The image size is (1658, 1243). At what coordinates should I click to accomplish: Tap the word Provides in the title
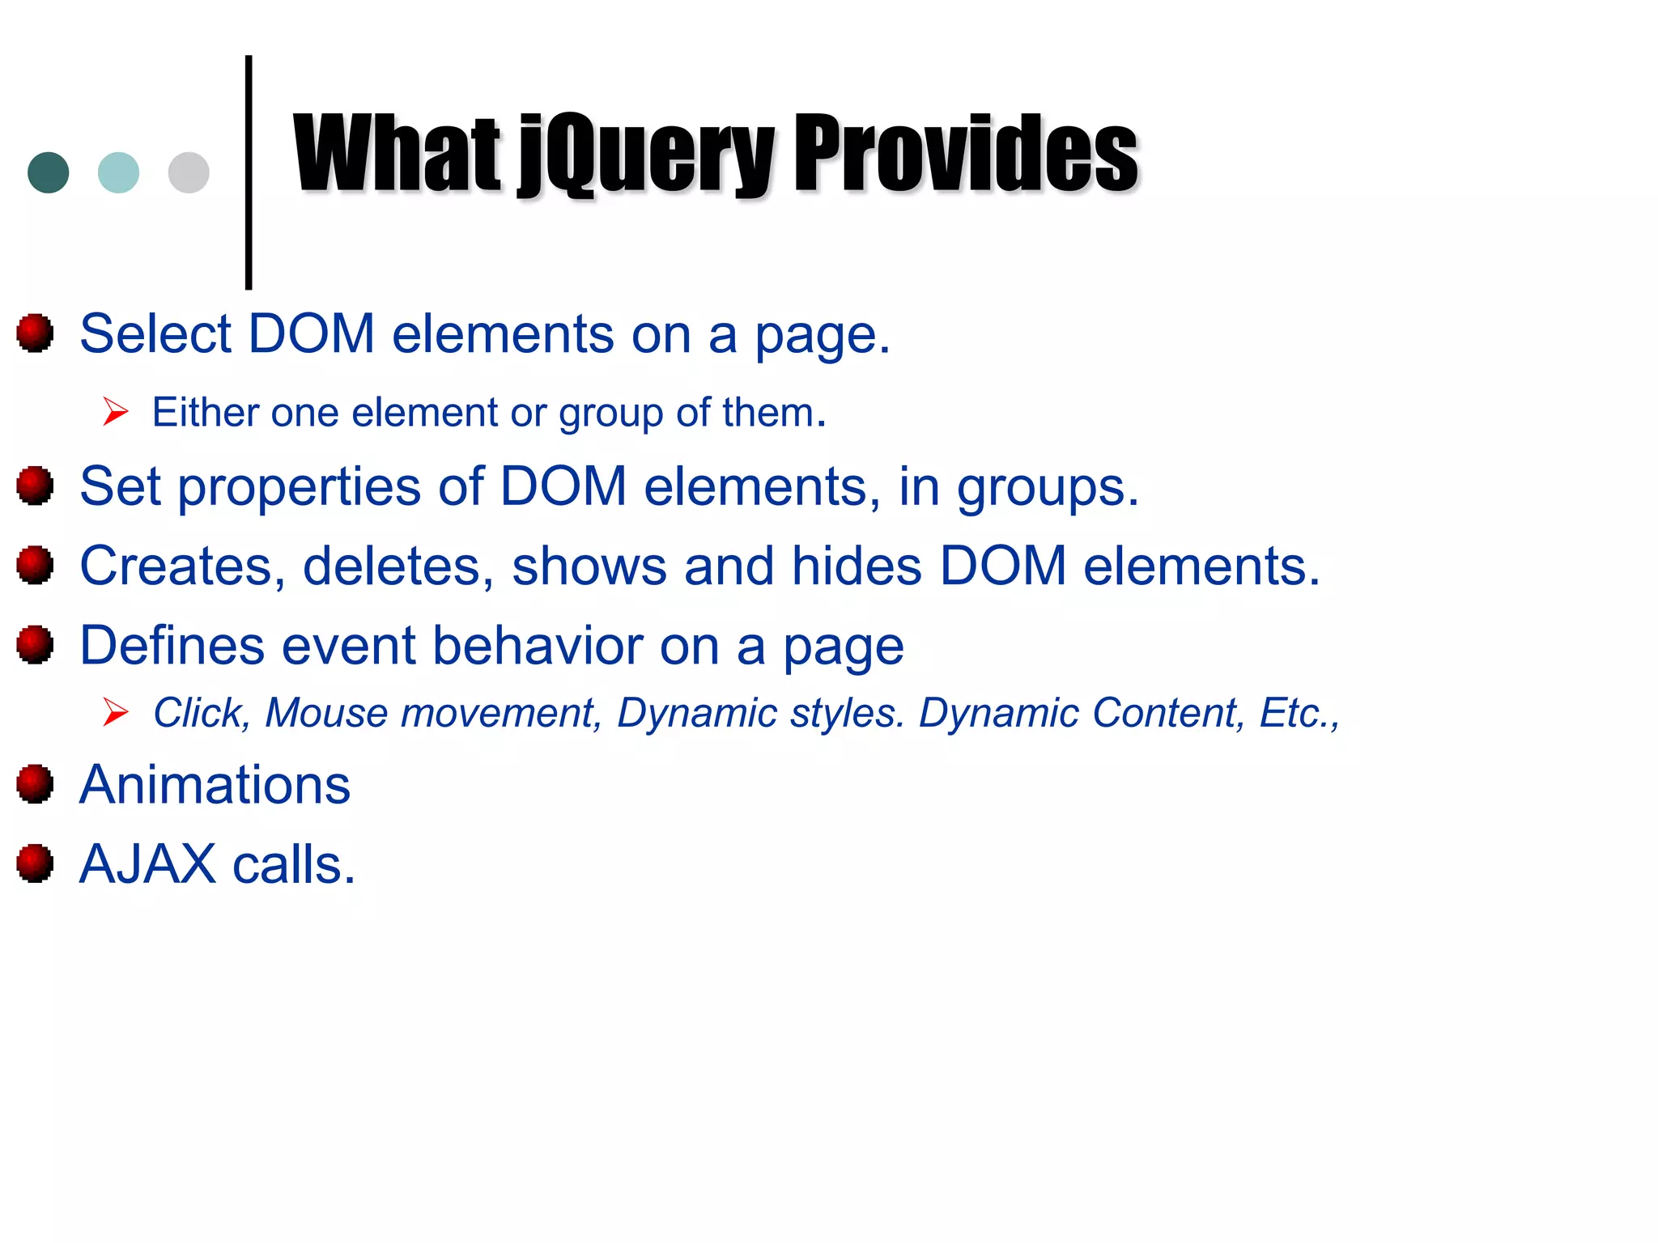tap(967, 154)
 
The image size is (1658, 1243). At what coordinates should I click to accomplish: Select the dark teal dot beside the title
tap(49, 172)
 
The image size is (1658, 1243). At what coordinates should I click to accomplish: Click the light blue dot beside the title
tap(118, 172)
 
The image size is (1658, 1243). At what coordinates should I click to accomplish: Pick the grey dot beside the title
tap(189, 172)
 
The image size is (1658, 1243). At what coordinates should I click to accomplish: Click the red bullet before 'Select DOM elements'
tap(35, 333)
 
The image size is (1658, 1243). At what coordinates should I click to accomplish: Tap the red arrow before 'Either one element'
tap(116, 412)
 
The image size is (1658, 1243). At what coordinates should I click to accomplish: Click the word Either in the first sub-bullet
tap(206, 413)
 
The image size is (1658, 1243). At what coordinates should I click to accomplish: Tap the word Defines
tap(172, 646)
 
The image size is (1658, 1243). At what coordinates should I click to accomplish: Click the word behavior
tap(538, 646)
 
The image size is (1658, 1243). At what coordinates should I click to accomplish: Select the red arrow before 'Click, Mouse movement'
tap(116, 712)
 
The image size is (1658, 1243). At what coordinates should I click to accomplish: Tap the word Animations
tap(215, 785)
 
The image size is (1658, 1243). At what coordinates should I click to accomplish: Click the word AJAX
tap(147, 864)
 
